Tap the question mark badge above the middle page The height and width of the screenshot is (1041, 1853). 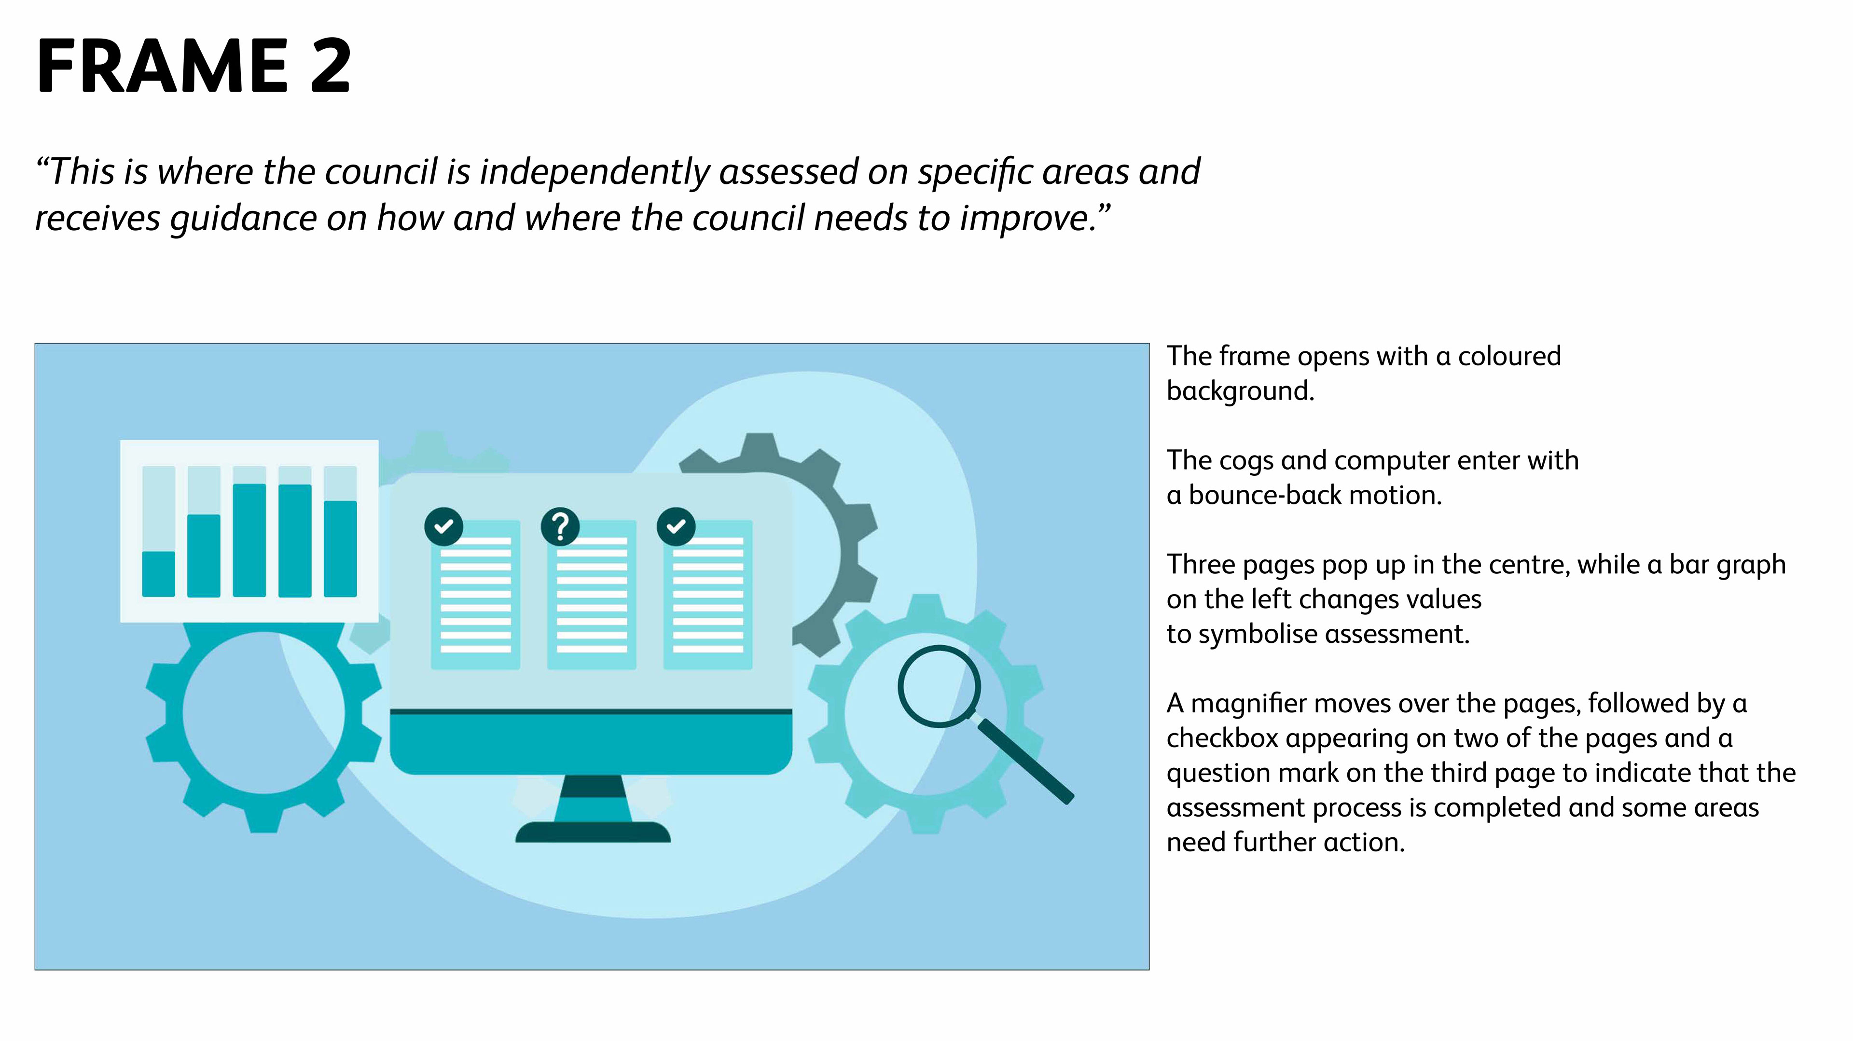click(x=560, y=527)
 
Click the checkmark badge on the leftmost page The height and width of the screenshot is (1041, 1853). click(x=444, y=527)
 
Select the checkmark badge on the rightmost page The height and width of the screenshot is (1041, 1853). click(x=676, y=527)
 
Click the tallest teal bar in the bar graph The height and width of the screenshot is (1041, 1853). click(x=249, y=540)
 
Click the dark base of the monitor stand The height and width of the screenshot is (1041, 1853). click(x=593, y=833)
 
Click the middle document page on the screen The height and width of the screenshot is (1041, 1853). click(x=591, y=596)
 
